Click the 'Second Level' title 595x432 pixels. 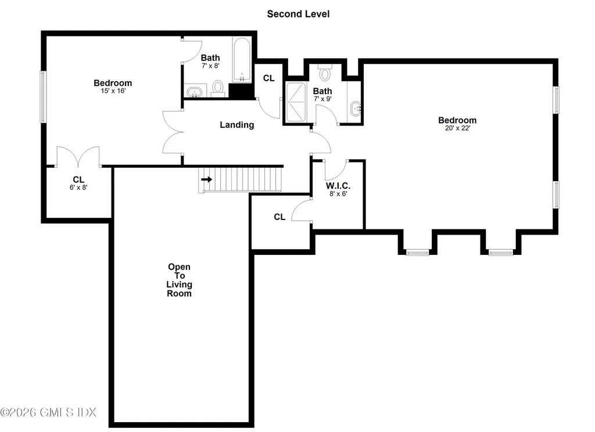(x=298, y=13)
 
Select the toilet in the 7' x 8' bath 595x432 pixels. (x=218, y=88)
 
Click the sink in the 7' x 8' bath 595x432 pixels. (x=195, y=91)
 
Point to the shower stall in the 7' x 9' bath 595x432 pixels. (x=296, y=102)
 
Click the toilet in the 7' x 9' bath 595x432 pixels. (x=325, y=73)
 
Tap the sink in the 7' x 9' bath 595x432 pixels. (x=356, y=108)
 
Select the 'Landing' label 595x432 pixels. (x=237, y=124)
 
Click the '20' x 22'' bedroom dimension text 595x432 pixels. (x=457, y=128)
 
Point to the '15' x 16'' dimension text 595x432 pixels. (x=113, y=91)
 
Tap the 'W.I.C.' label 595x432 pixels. (x=337, y=186)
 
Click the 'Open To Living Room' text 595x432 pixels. (x=180, y=280)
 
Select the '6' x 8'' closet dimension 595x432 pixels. (x=78, y=188)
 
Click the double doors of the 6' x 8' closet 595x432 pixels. (x=78, y=157)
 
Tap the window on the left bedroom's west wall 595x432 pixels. (x=42, y=96)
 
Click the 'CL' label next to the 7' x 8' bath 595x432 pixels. (x=268, y=78)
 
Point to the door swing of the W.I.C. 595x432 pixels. (x=335, y=170)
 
